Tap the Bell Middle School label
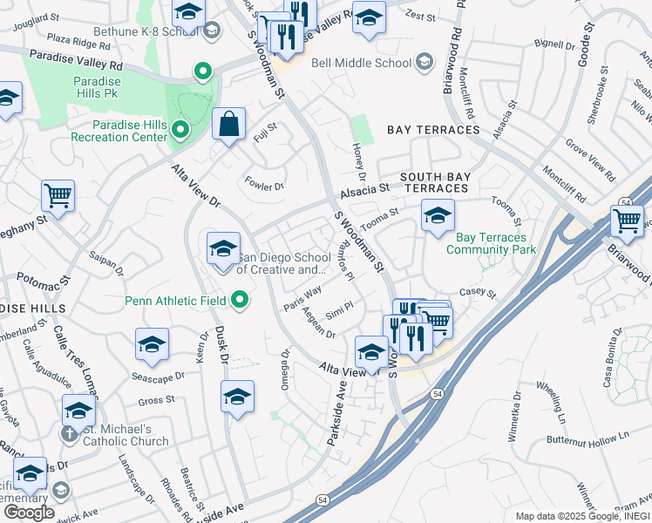(361, 63)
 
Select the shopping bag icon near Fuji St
(228, 125)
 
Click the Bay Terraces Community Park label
(491, 243)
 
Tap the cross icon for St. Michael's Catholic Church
(69, 434)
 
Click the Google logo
(28, 513)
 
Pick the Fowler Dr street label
(266, 186)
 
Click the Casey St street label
(478, 295)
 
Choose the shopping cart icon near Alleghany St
(58, 196)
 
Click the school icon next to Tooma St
(438, 215)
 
